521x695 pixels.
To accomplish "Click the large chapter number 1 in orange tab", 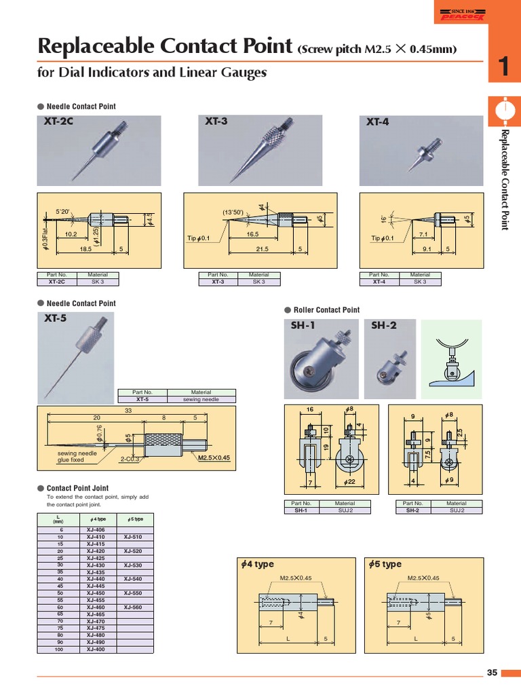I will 503,67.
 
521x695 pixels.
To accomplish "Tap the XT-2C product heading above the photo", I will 59,122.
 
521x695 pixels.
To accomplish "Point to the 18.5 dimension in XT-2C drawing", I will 85,250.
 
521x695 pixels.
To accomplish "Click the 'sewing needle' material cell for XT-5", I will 201,400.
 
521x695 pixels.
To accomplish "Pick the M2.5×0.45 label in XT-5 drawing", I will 214,458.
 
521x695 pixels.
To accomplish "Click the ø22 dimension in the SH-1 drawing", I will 350,481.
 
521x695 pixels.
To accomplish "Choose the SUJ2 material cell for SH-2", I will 456,510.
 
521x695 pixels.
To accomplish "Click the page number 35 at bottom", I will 492,673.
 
